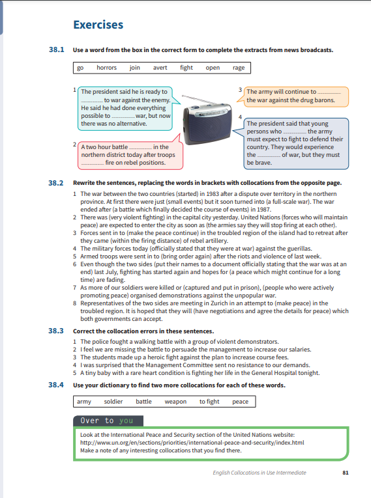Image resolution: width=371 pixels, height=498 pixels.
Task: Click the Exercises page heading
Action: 98,25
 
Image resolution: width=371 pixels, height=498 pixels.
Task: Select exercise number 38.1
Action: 56,49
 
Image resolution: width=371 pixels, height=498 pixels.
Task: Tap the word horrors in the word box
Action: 106,68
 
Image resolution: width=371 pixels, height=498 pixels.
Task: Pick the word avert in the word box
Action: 160,68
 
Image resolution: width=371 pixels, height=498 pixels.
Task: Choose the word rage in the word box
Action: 239,68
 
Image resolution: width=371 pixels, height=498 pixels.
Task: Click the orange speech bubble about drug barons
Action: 293,96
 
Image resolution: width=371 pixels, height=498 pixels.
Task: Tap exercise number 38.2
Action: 55,183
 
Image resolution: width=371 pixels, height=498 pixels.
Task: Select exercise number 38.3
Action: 55,331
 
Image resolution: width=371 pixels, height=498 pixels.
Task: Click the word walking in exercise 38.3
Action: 144,342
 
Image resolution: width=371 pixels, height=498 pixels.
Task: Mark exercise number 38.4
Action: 55,385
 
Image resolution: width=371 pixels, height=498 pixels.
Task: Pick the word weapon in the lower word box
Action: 175,402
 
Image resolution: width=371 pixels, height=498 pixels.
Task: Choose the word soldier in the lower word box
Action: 113,402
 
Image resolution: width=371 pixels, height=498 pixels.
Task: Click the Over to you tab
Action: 108,421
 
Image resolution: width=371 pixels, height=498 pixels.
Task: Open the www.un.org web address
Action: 192,443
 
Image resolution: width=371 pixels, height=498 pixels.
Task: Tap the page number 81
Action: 345,473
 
